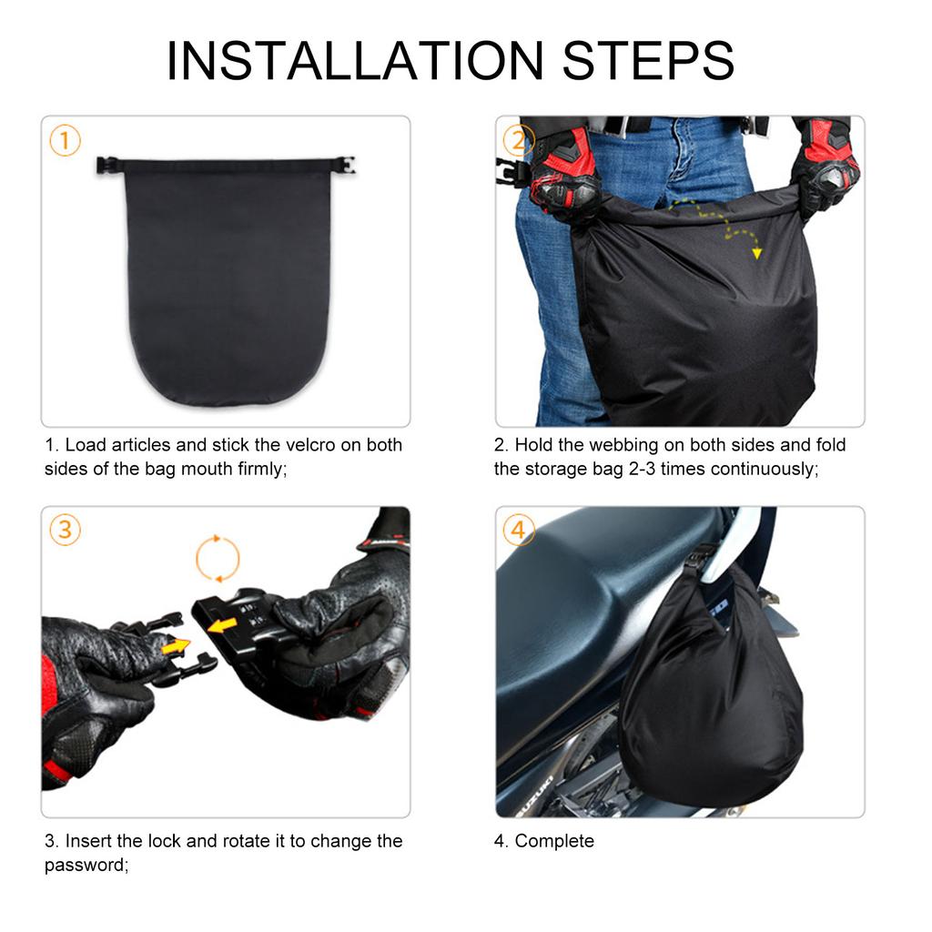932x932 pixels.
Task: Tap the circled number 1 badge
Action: pos(65,141)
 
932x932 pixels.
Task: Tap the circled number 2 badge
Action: pos(518,141)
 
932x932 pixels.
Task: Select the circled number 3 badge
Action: pos(65,531)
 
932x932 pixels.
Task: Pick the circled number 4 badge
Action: pos(518,531)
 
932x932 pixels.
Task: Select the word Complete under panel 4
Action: pos(554,841)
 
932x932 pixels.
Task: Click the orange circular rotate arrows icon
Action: pos(218,558)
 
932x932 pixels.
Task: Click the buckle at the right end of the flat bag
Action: pos(343,166)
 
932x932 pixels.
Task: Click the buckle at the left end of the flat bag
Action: pos(107,166)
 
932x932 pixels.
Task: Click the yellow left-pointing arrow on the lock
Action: pos(223,625)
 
